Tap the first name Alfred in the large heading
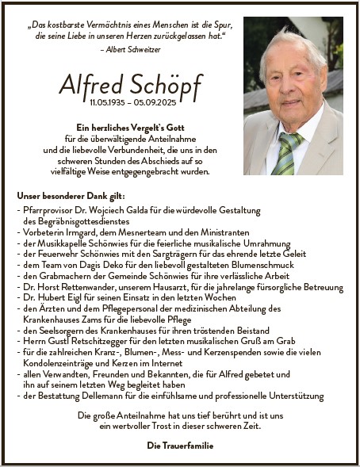[x=90, y=84]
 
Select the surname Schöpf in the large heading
[x=164, y=84]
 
